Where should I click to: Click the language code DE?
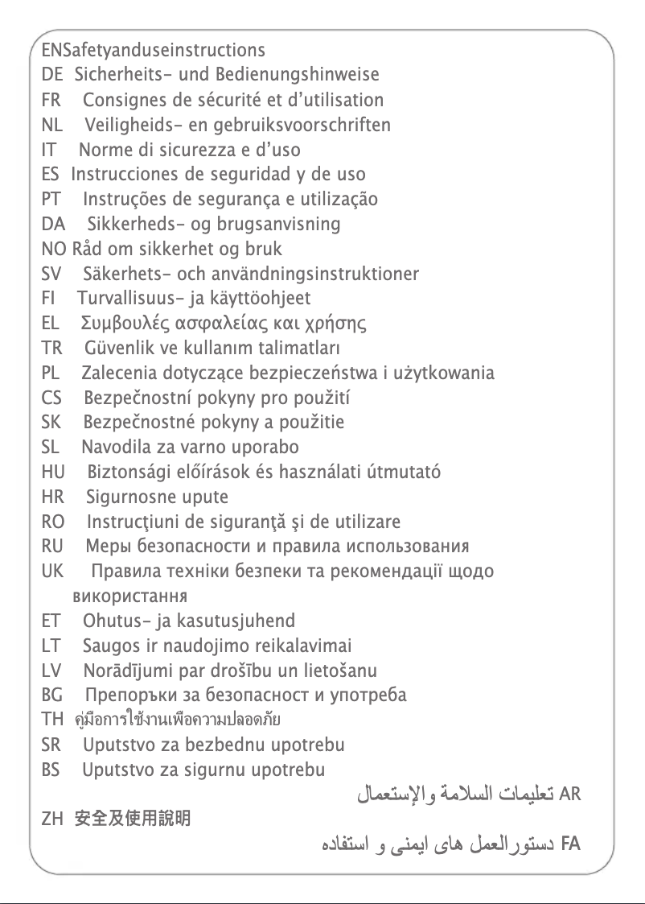point(51,76)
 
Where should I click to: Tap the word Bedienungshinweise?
point(297,76)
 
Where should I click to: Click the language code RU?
point(51,547)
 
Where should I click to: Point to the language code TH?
point(51,720)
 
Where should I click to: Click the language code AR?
point(569,795)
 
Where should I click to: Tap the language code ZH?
point(51,820)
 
